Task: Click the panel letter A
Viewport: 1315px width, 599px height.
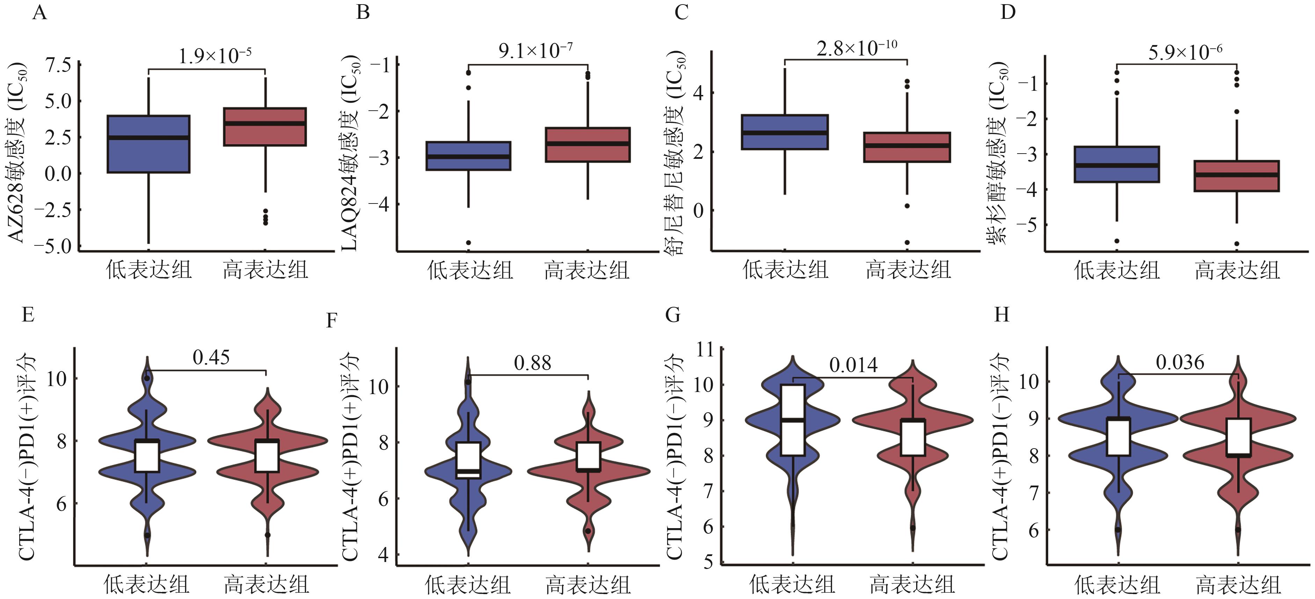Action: [x=39, y=12]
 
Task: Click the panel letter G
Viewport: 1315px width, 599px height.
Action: [x=673, y=315]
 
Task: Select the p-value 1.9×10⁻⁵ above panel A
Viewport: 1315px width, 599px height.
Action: [x=215, y=55]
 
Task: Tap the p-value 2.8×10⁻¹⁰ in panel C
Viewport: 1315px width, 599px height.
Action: [x=857, y=48]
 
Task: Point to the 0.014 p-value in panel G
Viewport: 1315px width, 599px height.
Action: [x=854, y=365]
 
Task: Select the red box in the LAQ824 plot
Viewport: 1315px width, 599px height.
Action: [x=587, y=145]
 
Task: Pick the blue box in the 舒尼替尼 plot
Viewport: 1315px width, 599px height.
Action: [x=784, y=132]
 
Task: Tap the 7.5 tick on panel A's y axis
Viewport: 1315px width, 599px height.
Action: [x=59, y=65]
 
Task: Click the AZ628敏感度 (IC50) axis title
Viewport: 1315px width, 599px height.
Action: [x=17, y=152]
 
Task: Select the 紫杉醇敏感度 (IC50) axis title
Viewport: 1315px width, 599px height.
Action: [x=999, y=153]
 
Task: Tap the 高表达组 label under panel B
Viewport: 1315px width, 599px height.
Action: [x=587, y=270]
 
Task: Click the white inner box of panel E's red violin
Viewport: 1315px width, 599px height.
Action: [x=267, y=456]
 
